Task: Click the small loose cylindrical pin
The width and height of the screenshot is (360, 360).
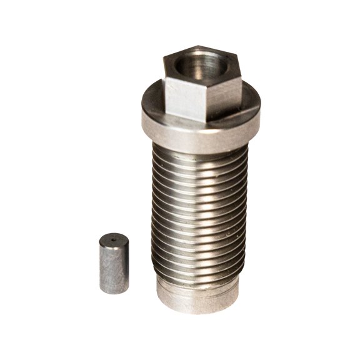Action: pyautogui.click(x=114, y=263)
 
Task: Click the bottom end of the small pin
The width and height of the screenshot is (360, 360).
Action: pyautogui.click(x=114, y=291)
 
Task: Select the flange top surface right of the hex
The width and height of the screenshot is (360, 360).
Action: pyautogui.click(x=249, y=112)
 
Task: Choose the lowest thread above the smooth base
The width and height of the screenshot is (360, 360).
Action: pyautogui.click(x=199, y=276)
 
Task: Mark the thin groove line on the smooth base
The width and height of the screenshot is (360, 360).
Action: pyautogui.click(x=199, y=288)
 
